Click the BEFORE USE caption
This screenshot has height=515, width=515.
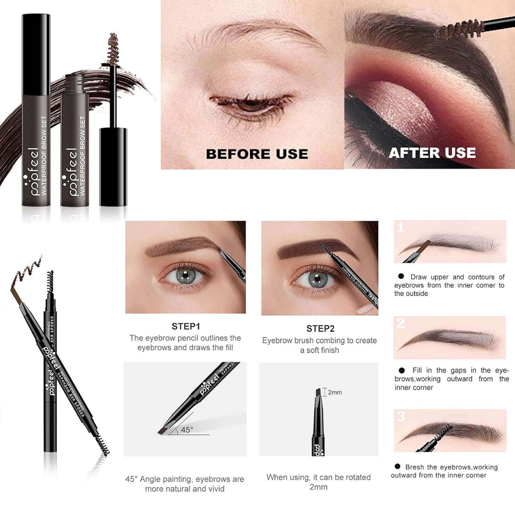pyautogui.click(x=257, y=154)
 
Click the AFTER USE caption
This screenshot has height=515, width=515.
pyautogui.click(x=432, y=153)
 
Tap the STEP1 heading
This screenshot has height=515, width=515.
pyautogui.click(x=186, y=326)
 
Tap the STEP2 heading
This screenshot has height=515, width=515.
pyautogui.click(x=320, y=328)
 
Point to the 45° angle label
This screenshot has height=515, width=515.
pyautogui.click(x=187, y=430)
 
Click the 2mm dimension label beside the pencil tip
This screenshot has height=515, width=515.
pyautogui.click(x=335, y=392)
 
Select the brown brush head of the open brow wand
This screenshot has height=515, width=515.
pyautogui.click(x=113, y=48)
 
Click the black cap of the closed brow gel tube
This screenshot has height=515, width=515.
pyautogui.click(x=36, y=53)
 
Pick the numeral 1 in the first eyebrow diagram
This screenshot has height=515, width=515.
pyautogui.click(x=401, y=227)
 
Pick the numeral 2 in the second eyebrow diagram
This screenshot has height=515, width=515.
pyautogui.click(x=401, y=323)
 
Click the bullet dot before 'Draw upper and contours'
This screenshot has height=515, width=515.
pyautogui.click(x=401, y=276)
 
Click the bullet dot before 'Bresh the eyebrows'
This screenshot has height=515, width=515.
pyautogui.click(x=397, y=467)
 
